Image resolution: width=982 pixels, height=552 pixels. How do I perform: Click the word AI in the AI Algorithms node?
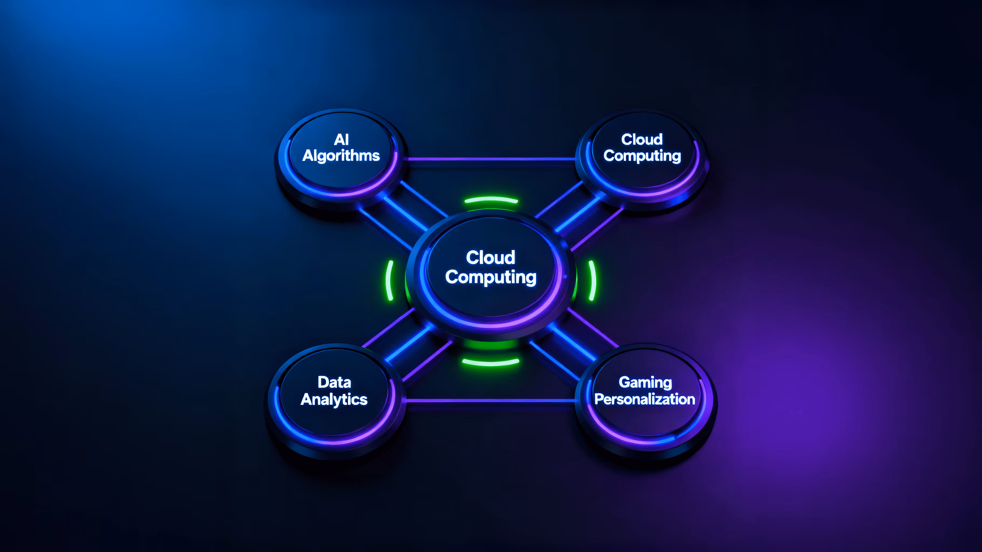tap(341, 139)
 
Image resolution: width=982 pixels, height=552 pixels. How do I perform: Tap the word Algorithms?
tap(341, 156)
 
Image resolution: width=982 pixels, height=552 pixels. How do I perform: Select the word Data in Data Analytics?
tap(334, 382)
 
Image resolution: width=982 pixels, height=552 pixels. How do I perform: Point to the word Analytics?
tap(334, 399)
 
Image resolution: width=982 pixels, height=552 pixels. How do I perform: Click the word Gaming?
tap(645, 382)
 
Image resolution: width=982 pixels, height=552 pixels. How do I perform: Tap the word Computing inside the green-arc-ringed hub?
tap(491, 277)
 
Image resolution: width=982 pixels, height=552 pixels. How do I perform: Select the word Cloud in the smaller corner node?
tap(642, 139)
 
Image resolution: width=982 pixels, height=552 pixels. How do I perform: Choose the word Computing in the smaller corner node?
tap(642, 156)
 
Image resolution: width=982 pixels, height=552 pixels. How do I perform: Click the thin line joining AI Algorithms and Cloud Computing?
tap(491, 159)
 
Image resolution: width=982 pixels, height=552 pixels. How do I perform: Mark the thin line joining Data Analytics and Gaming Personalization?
tap(491, 400)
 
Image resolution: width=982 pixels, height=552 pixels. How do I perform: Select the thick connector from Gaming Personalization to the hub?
tap(572, 343)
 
